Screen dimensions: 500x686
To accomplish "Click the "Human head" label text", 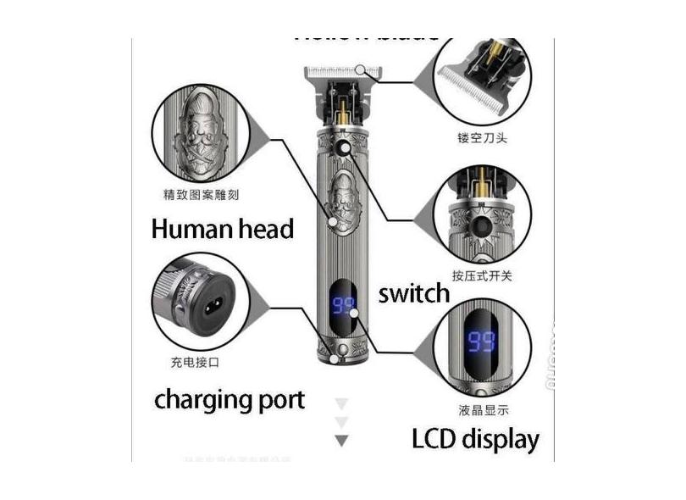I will click(x=222, y=229).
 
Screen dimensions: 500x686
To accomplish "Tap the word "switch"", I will click(x=413, y=294).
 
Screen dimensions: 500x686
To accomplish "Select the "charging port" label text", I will click(x=230, y=399).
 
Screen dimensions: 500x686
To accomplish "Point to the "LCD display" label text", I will click(x=475, y=439).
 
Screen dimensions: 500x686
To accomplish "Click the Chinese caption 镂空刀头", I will click(x=482, y=137).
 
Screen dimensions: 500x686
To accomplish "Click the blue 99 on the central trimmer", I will click(x=343, y=306).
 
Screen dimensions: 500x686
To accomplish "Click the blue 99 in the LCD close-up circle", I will click(x=482, y=343).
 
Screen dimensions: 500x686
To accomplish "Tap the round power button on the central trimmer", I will click(x=344, y=149).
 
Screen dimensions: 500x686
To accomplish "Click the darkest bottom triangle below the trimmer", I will click(x=341, y=441).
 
